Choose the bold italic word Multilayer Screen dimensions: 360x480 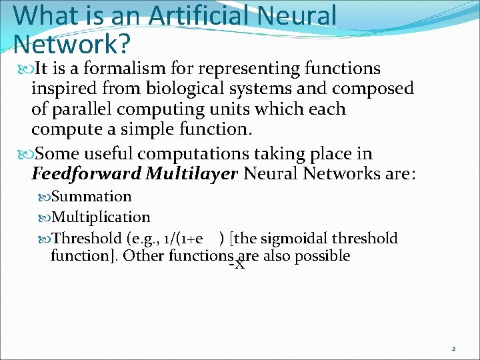point(191,175)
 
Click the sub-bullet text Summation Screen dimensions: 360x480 point(91,197)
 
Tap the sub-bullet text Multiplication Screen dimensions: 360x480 point(101,217)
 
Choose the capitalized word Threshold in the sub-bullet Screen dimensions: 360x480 point(86,239)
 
